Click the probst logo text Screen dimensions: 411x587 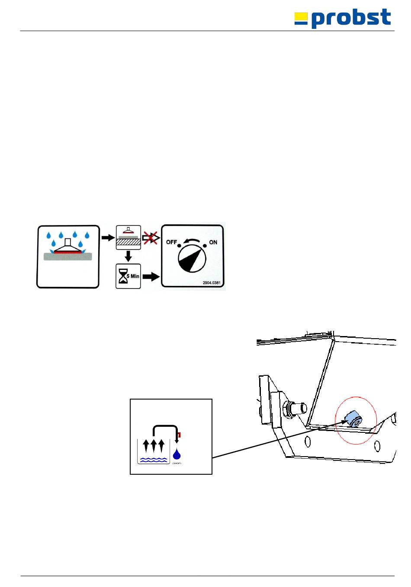click(351, 19)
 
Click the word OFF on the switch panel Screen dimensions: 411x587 click(172, 242)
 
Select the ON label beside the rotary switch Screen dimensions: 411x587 click(213, 242)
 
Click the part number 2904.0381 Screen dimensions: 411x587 click(211, 283)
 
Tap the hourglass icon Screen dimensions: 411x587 click(123, 276)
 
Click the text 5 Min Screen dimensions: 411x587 click(133, 276)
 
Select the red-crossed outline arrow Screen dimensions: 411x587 click(150, 238)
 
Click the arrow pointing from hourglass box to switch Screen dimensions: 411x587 click(151, 276)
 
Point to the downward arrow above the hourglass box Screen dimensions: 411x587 click(128, 256)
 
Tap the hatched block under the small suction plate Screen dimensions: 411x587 click(128, 243)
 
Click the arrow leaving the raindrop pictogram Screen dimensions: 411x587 click(108, 238)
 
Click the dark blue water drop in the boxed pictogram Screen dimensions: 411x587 click(177, 454)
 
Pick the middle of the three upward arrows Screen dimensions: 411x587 click(154, 445)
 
